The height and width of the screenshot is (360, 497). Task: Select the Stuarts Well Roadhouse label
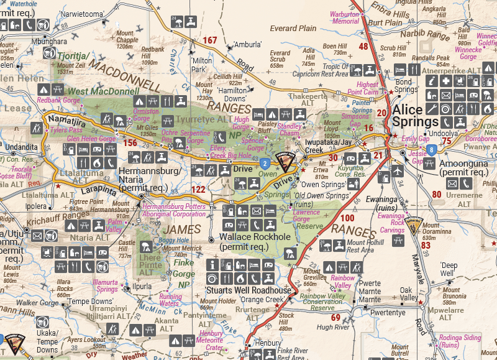click(248, 290)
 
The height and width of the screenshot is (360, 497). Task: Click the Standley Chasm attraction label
click(290, 129)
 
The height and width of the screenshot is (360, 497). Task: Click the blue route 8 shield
click(431, 150)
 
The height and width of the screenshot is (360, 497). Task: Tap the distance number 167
click(210, 41)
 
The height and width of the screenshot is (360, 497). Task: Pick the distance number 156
click(130, 143)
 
